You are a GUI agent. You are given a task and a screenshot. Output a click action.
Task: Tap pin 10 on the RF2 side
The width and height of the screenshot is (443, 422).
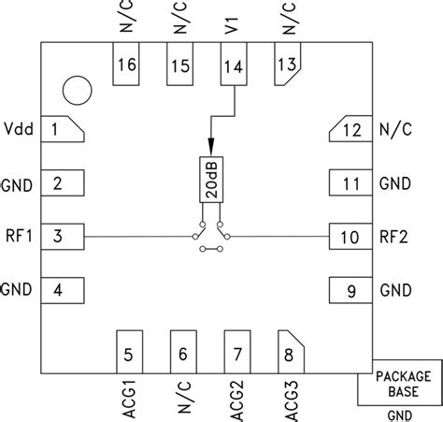pyautogui.click(x=348, y=237)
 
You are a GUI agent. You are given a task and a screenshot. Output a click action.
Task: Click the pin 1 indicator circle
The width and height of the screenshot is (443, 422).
pyautogui.click(x=78, y=91)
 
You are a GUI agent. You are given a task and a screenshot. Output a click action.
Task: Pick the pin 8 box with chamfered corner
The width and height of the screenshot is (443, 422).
pyautogui.click(x=290, y=353)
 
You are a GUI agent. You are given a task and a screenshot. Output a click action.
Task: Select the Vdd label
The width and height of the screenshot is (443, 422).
pyautogui.click(x=19, y=129)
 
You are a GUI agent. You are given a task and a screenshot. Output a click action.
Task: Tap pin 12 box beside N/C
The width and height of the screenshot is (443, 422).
pyautogui.click(x=348, y=130)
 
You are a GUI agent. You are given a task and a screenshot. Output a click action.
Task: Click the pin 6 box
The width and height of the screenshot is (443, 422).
pyautogui.click(x=183, y=353)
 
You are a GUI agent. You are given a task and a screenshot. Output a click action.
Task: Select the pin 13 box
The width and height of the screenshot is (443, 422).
pyautogui.click(x=288, y=65)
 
